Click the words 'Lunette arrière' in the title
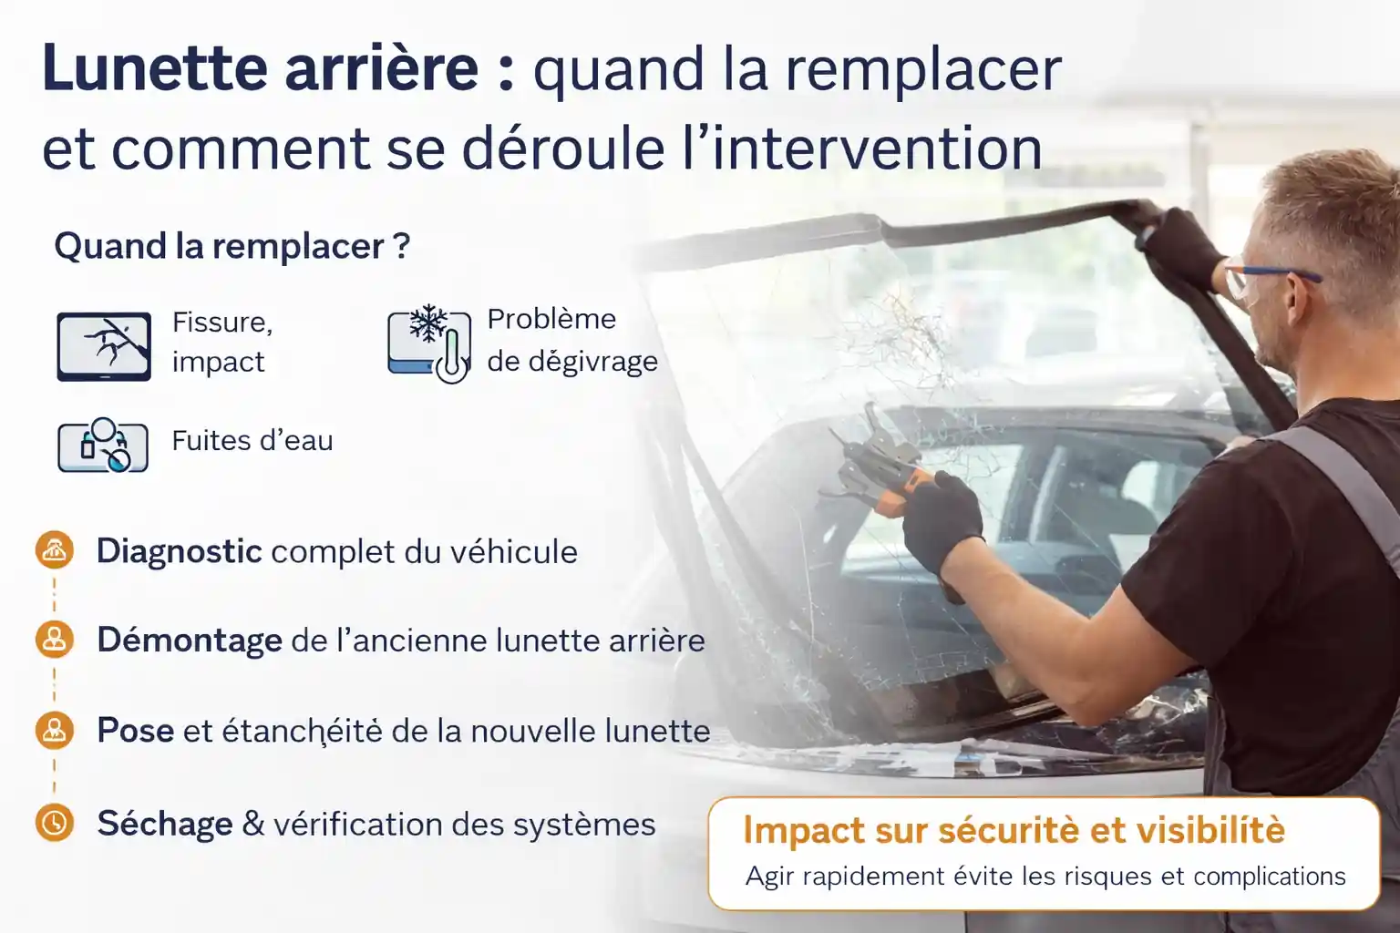click(x=261, y=67)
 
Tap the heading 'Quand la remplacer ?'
click(x=232, y=246)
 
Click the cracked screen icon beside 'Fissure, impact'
click(x=104, y=346)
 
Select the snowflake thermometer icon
click(x=428, y=343)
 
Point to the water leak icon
click(x=103, y=445)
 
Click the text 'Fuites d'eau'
click(x=252, y=441)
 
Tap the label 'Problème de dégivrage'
click(x=572, y=340)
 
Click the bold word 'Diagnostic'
click(x=180, y=551)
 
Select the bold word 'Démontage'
click(x=190, y=641)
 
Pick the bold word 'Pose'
click(x=136, y=730)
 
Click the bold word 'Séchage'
click(x=165, y=824)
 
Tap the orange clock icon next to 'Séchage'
click(x=55, y=823)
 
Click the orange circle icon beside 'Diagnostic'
click(x=55, y=550)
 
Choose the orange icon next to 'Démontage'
click(x=55, y=640)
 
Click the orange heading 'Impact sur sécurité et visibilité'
click(x=1014, y=830)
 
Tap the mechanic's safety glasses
click(x=1269, y=278)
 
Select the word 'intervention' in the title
click(x=877, y=149)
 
